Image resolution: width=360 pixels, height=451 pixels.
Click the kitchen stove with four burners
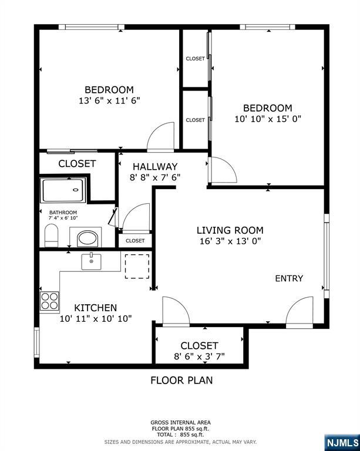pos(49,301)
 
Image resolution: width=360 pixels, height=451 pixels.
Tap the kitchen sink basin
pos(91,262)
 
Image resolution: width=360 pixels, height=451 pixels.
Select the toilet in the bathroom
pos(52,235)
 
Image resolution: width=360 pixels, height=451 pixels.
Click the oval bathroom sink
pos(88,238)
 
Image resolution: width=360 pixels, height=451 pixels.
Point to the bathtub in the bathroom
pos(63,190)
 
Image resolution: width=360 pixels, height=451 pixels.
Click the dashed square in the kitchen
pos(137,266)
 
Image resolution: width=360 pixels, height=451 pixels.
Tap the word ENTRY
pos(289,278)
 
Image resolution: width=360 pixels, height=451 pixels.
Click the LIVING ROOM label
pos(230,230)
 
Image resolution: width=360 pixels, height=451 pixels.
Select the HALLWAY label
pos(155,167)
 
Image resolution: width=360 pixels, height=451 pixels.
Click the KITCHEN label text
pos(96,308)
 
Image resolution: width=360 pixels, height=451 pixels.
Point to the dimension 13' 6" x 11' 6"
pos(109,100)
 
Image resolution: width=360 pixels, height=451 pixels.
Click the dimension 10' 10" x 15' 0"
pos(268,119)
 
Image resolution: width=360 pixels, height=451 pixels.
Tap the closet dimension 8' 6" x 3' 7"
pos(199,356)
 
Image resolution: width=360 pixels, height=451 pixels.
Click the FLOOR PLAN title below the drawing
pos(181,381)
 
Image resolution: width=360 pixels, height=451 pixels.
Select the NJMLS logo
pos(342,443)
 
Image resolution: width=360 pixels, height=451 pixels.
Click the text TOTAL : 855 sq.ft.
pos(180,435)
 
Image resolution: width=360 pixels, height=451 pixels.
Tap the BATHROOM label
pos(63,213)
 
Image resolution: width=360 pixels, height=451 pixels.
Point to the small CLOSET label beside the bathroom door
pos(135,240)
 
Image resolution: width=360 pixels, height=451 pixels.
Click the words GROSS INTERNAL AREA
pos(180,423)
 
